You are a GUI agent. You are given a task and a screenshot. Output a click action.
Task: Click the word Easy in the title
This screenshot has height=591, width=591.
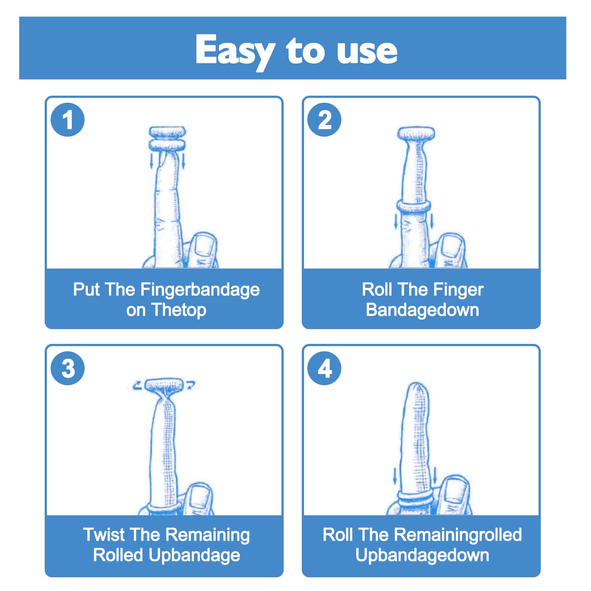tap(235, 51)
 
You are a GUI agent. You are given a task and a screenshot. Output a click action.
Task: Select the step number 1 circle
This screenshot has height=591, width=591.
tap(68, 120)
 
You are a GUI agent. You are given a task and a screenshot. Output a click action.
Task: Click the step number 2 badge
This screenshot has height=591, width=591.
tap(324, 120)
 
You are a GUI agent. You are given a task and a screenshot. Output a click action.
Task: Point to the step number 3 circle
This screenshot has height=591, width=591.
tap(68, 368)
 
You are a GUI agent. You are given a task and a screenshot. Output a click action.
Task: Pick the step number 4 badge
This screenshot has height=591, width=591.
tap(324, 368)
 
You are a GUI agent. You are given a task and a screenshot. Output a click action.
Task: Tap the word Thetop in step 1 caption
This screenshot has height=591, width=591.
tap(179, 310)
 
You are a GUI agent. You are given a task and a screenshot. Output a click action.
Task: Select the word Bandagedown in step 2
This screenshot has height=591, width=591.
tap(423, 310)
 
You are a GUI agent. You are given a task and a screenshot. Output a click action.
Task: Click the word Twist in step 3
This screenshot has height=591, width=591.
tap(103, 534)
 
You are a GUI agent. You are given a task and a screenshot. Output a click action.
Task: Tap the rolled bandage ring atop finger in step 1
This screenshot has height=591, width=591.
tap(167, 139)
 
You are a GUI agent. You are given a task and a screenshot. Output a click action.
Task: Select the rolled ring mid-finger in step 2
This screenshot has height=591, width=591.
tap(414, 207)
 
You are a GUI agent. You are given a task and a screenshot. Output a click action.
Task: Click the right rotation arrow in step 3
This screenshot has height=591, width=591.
tap(190, 385)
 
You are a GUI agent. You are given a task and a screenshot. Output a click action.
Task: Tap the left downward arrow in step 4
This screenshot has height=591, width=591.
tap(395, 475)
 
